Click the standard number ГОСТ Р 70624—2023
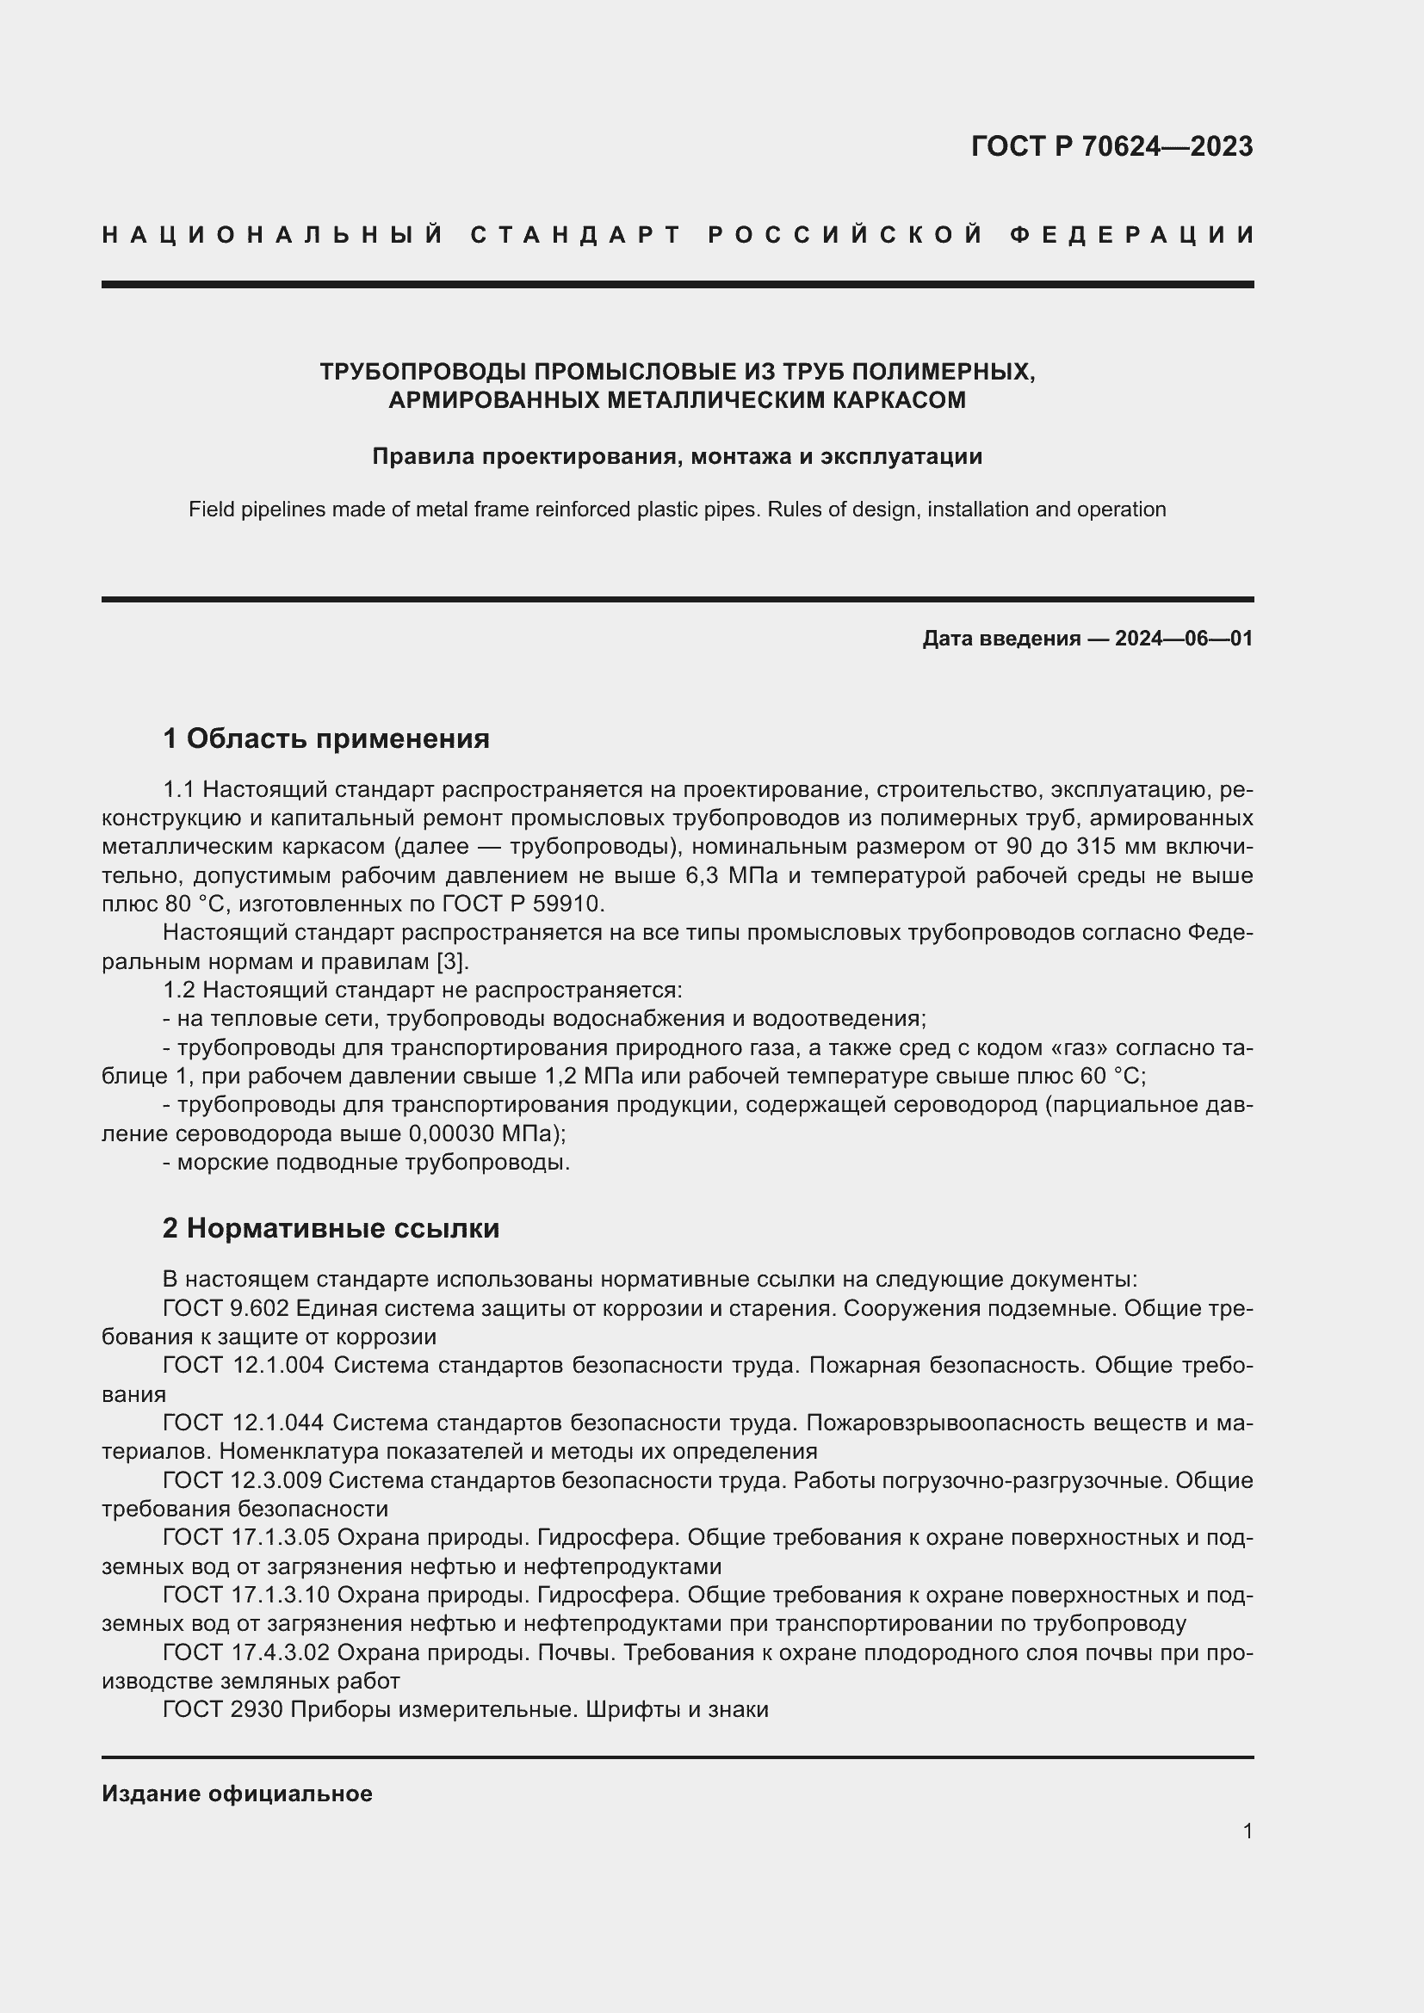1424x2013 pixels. coord(1111,146)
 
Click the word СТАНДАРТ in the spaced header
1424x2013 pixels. coord(576,235)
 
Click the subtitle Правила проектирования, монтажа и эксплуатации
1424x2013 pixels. coord(677,456)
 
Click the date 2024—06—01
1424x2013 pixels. coord(1183,639)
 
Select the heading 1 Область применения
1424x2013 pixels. coord(326,738)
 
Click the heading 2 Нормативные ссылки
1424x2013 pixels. coord(331,1228)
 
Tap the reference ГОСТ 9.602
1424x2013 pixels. coord(226,1308)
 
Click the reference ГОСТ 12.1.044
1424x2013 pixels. coord(243,1422)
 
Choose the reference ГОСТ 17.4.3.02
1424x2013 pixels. coord(245,1652)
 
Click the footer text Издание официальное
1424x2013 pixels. coord(237,1794)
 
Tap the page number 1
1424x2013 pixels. coord(1247,1831)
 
